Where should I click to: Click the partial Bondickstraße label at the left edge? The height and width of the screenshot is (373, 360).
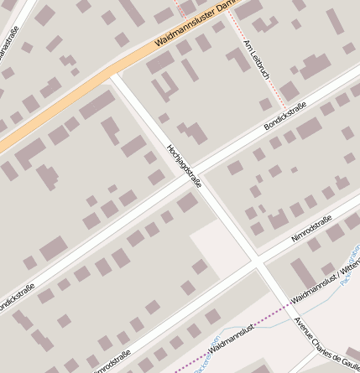[15, 303]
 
